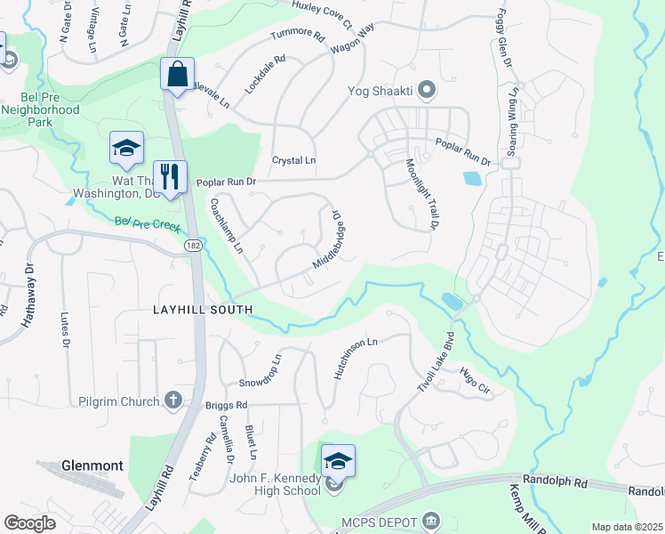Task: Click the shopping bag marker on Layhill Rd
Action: [x=177, y=74]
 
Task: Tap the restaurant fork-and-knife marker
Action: [x=168, y=175]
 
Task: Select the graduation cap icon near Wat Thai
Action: [x=126, y=148]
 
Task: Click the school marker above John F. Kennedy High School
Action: [x=338, y=461]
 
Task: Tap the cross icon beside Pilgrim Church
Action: [x=172, y=400]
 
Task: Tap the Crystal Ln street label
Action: [x=293, y=160]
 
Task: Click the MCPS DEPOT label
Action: [x=378, y=521]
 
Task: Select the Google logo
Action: [x=29, y=523]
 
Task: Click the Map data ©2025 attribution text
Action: [x=627, y=527]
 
